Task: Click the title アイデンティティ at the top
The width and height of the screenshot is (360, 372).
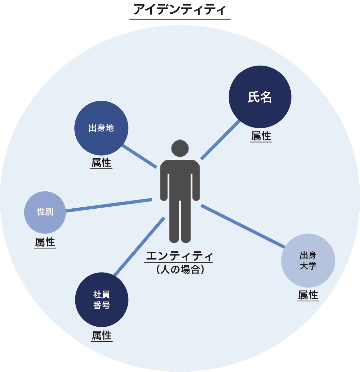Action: (x=180, y=10)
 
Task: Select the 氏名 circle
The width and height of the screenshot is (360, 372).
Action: (x=260, y=97)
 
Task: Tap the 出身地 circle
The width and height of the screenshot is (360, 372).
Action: (x=101, y=128)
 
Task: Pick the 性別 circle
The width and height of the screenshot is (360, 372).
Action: (x=45, y=212)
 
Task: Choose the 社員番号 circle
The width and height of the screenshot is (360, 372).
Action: (x=101, y=300)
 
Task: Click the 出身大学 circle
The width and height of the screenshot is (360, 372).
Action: (x=308, y=260)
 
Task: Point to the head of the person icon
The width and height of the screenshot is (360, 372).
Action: (x=180, y=148)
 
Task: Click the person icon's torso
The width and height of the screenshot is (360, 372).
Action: (x=180, y=180)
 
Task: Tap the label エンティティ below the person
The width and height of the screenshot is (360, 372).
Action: (x=179, y=256)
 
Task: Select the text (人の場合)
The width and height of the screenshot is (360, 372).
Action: (x=180, y=270)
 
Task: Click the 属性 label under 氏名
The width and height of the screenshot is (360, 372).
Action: (x=261, y=136)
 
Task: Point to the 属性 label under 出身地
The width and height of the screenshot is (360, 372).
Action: (x=101, y=163)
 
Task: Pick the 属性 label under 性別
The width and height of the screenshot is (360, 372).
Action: (x=45, y=243)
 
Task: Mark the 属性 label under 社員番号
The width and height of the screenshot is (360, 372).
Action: (x=101, y=336)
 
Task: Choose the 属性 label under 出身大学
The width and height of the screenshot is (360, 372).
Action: (x=308, y=295)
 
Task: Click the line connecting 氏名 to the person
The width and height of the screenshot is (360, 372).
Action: (x=220, y=140)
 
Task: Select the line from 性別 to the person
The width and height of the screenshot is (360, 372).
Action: (x=109, y=205)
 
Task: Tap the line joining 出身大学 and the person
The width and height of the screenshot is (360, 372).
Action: (x=243, y=226)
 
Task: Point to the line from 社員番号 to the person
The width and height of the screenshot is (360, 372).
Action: (x=139, y=246)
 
